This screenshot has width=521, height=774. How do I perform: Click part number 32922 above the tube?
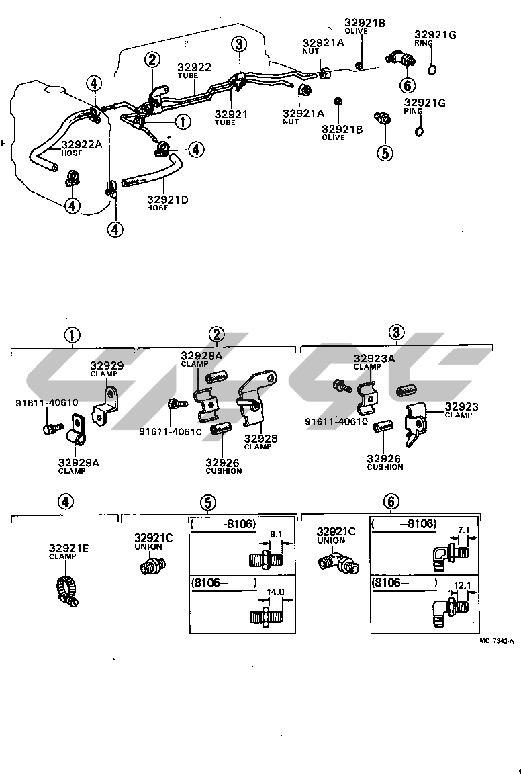(x=195, y=67)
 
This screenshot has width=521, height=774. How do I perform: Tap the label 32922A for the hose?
(x=81, y=144)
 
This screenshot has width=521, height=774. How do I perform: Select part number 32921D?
(x=168, y=200)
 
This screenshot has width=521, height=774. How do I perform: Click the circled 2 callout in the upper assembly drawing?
(x=152, y=60)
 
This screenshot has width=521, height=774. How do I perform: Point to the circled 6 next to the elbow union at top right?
(x=407, y=85)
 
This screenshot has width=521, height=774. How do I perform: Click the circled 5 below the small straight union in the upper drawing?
(x=385, y=153)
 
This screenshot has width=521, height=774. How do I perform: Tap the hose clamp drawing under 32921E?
(x=66, y=591)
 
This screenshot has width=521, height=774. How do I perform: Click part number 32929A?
(x=79, y=462)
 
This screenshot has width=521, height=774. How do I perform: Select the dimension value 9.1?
(x=277, y=534)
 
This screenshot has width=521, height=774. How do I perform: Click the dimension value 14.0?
(x=275, y=592)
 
